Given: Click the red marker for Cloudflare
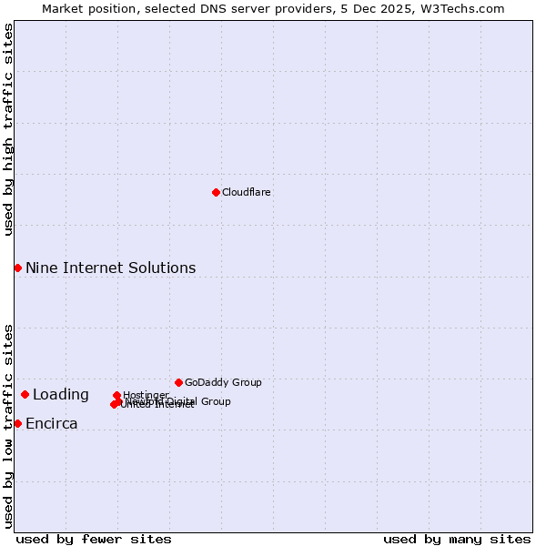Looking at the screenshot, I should click(216, 192).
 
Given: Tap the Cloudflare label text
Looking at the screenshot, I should click(247, 193).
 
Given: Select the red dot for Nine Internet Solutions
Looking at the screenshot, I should click(17, 268).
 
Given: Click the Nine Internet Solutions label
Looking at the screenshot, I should click(110, 268).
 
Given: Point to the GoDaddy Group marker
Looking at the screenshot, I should click(178, 382).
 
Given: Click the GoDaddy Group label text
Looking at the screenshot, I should click(223, 383).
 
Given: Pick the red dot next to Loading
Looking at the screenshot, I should click(25, 394).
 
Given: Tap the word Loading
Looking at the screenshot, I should click(60, 395).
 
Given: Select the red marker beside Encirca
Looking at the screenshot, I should click(17, 423).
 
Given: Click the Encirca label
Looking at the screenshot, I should click(51, 424).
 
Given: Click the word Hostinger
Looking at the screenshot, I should click(146, 395).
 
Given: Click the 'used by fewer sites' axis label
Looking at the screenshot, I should click(94, 540).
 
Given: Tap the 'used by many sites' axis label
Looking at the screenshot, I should click(457, 540).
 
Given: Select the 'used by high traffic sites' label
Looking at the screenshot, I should click(8, 129).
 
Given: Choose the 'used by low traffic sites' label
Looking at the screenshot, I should click(8, 425).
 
